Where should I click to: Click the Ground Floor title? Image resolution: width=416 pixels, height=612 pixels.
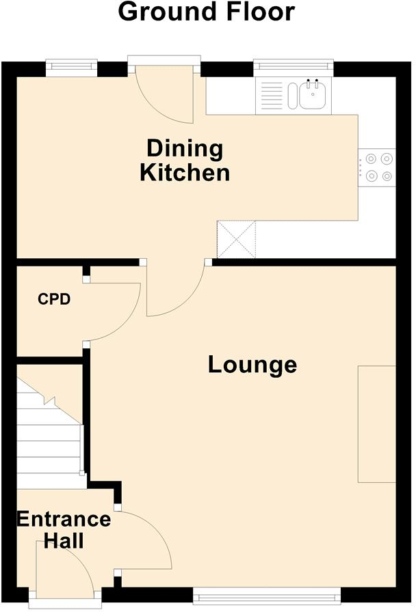coord(207,12)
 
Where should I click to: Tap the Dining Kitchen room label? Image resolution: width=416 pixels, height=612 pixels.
coord(185,160)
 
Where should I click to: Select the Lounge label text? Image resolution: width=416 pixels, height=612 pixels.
coord(252,365)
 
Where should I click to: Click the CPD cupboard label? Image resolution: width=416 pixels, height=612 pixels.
coord(54,299)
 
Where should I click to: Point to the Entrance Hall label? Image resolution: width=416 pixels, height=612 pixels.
coord(63,530)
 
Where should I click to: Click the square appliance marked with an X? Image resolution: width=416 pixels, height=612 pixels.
coord(236,240)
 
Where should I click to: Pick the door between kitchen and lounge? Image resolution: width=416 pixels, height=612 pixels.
coord(174,290)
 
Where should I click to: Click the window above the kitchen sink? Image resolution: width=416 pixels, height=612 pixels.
coord(293,67)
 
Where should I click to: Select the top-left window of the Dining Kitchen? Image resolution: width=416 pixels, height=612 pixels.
coord(71,67)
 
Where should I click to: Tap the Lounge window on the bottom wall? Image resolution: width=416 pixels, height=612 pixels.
coord(266,592)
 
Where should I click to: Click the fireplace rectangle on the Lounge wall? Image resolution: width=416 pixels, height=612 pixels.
coord(376,424)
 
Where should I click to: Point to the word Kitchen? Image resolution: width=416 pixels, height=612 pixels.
coord(185,172)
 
